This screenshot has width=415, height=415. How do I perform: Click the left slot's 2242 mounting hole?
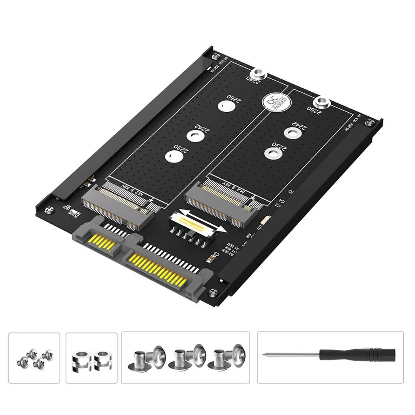[x=195, y=136]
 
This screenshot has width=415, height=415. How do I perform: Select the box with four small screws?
[x=34, y=358]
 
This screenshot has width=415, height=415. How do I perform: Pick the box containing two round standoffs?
[x=91, y=358]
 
